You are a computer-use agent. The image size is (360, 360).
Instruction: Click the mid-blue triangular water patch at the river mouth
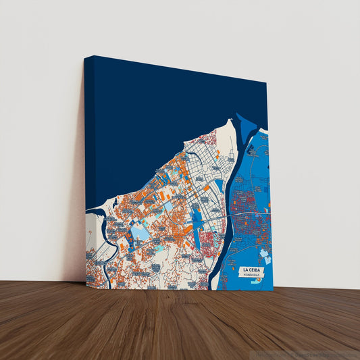246,127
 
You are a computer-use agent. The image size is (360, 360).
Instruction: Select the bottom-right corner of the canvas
273,290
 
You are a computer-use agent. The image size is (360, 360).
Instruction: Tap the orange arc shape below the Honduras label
257,282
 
